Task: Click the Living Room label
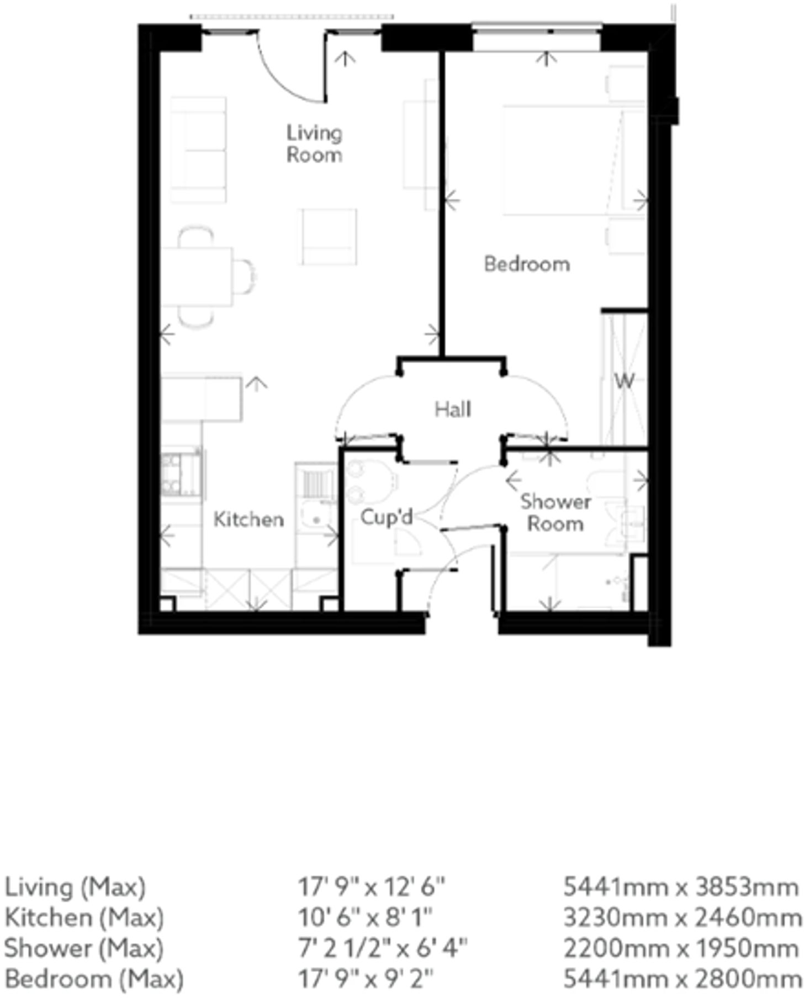pos(314,144)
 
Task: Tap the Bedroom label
pos(527,264)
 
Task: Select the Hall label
pos(453,410)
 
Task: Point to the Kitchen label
pos(248,519)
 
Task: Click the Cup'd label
pos(387,518)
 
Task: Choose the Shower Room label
pos(555,513)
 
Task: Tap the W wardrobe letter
pos(624,381)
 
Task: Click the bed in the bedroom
pos(558,160)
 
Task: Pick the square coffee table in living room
pos(329,236)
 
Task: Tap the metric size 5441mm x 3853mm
pos(681,888)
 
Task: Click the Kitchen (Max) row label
pos(84,918)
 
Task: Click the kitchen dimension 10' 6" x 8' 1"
pos(365,918)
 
